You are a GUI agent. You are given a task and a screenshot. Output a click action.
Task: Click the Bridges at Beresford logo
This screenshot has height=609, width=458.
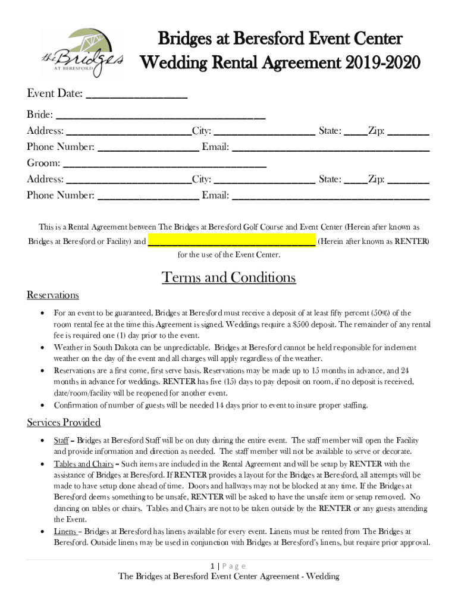click(82, 53)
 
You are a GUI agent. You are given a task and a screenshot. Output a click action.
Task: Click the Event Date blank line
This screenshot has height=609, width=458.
click(137, 96)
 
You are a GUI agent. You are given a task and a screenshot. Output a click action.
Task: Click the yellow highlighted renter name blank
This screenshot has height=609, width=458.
click(231, 242)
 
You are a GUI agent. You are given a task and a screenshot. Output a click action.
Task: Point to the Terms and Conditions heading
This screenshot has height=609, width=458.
click(228, 278)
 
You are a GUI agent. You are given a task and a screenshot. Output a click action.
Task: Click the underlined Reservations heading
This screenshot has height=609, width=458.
click(53, 296)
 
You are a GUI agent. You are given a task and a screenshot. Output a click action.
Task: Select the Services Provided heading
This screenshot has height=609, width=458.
click(64, 423)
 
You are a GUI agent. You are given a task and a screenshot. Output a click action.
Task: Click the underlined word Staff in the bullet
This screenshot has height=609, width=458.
click(61, 441)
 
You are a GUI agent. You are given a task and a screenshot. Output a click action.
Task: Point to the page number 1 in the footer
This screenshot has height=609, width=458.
click(212, 566)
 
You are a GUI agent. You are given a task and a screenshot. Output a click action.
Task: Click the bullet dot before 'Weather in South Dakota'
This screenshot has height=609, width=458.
click(41, 347)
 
